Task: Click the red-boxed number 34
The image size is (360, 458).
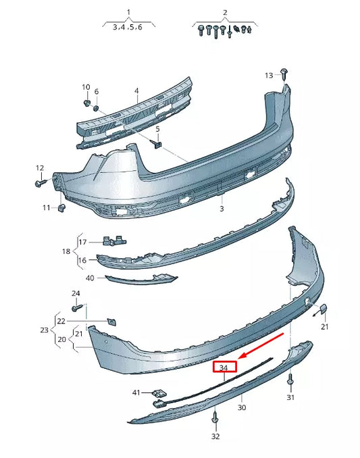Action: coord(225,367)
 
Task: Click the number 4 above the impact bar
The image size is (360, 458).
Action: coord(136,91)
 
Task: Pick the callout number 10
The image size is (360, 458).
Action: coord(86,87)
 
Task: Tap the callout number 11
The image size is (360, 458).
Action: coord(46,207)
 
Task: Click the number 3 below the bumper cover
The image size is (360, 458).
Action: coord(221,210)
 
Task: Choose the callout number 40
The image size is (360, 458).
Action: coord(91,278)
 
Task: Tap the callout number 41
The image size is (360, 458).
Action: coord(136,392)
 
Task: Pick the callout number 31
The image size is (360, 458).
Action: coord(290,398)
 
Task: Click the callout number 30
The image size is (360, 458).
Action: coord(242,407)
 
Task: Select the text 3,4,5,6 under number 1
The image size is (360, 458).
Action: coord(128,28)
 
